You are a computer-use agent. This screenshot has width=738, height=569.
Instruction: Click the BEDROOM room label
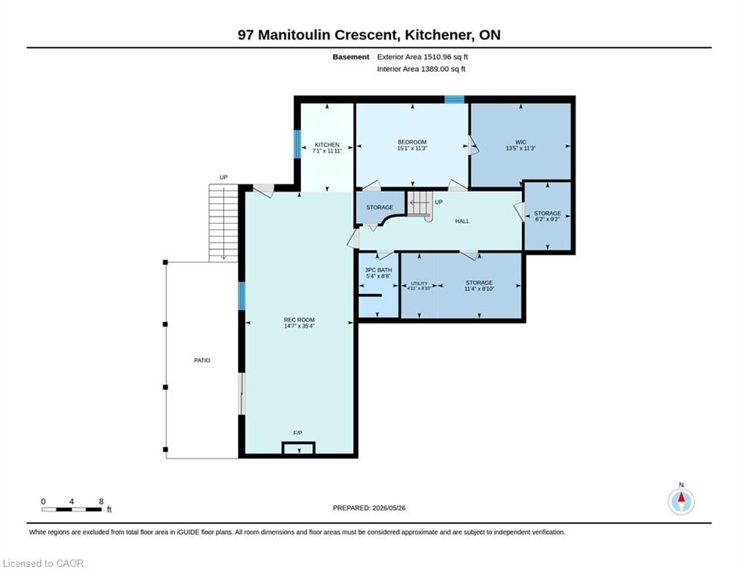412,142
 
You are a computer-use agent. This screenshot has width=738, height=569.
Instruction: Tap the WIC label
521,142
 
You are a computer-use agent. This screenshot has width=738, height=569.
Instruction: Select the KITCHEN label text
327,144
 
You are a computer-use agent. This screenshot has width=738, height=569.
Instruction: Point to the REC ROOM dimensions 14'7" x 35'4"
300,326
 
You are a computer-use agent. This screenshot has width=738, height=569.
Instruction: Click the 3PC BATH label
378,270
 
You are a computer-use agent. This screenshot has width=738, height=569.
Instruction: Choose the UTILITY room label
419,284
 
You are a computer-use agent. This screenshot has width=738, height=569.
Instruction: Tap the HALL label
462,221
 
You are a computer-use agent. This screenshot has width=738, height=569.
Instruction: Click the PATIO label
202,360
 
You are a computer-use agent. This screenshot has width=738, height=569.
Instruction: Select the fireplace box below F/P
298,448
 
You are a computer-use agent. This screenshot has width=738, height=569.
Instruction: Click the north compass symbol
681,502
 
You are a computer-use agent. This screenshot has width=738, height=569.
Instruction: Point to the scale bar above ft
71,509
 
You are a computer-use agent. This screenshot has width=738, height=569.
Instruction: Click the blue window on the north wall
455,99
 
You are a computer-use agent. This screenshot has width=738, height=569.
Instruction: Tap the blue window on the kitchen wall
297,144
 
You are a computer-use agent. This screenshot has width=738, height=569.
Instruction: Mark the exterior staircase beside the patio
223,223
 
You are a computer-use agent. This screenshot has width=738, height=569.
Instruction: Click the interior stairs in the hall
420,204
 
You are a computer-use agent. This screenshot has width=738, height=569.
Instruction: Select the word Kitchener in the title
438,35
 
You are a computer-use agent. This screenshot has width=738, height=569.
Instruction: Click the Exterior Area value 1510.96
438,57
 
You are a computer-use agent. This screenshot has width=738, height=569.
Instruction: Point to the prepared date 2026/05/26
389,508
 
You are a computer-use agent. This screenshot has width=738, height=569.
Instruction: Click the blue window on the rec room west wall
242,296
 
